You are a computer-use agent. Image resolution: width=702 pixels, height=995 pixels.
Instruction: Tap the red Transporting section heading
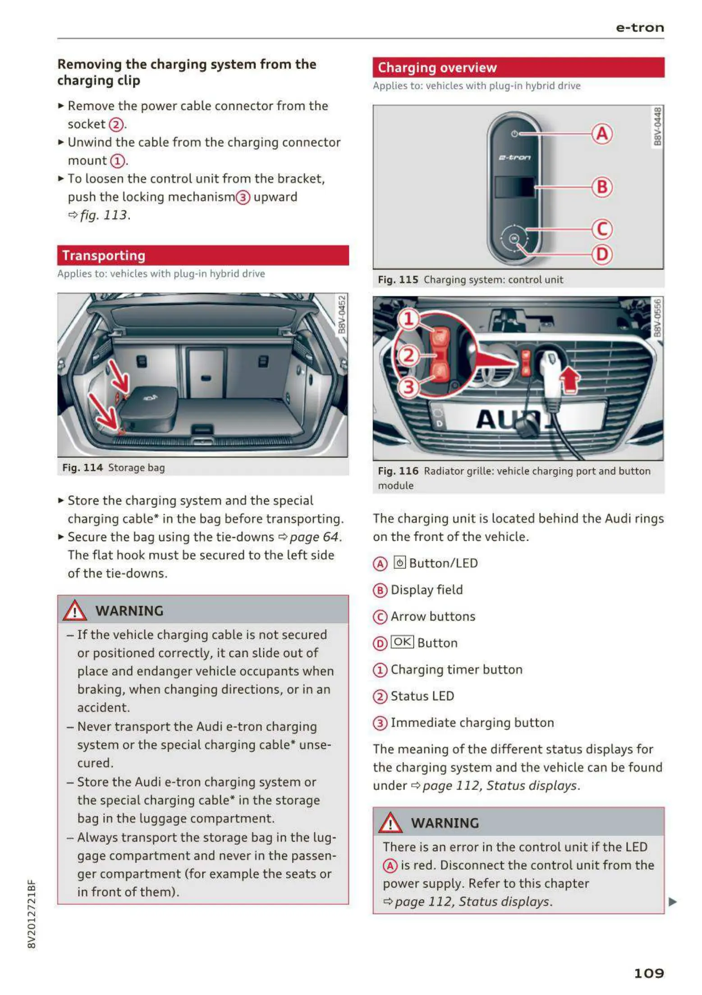click(x=104, y=256)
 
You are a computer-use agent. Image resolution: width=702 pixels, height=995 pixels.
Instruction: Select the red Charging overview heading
click(x=437, y=68)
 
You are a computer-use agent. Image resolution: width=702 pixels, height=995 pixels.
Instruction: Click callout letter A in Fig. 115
click(x=602, y=134)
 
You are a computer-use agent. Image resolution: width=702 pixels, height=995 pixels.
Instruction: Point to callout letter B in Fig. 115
click(x=602, y=187)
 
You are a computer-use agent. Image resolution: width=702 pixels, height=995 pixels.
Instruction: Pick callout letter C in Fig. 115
click(x=602, y=229)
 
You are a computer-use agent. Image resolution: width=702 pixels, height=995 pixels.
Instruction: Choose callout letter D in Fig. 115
click(x=602, y=255)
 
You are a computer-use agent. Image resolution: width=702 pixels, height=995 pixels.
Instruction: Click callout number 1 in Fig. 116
click(x=408, y=319)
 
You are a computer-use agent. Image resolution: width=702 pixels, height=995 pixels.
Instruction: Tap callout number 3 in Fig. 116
click(x=408, y=387)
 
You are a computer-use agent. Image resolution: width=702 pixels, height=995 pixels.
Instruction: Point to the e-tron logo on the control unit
click(x=514, y=158)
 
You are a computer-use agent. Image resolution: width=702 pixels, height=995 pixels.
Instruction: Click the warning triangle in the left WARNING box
click(x=75, y=611)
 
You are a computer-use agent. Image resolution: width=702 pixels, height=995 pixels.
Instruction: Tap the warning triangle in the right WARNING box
click(x=390, y=823)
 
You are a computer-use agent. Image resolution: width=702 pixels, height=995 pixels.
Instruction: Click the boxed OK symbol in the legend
click(x=402, y=642)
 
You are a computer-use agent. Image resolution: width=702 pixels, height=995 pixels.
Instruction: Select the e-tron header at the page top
click(x=639, y=28)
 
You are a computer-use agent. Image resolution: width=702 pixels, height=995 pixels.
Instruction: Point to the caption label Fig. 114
click(x=83, y=468)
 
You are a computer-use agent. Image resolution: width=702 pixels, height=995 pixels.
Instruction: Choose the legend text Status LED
click(x=422, y=696)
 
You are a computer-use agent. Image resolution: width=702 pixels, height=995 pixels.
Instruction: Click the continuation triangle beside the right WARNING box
click(x=673, y=902)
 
